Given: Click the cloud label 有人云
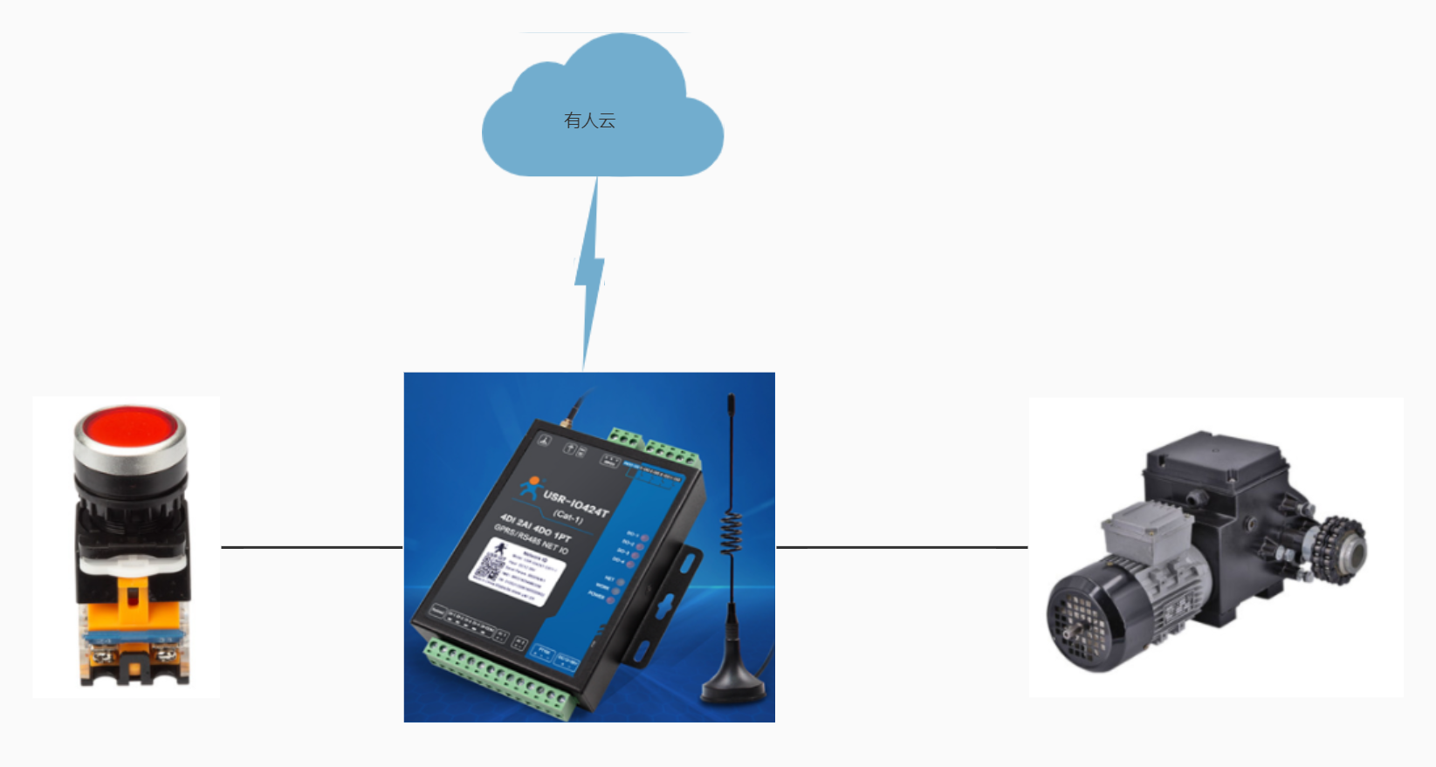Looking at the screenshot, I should tap(590, 120).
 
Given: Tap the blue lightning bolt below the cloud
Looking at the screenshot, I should tap(591, 271).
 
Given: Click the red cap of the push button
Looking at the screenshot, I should tap(130, 428).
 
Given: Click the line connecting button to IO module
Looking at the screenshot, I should tap(312, 547).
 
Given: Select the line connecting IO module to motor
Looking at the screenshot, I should tap(901, 547).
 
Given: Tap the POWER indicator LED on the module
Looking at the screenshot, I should tap(611, 600).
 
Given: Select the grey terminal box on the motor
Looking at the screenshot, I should tap(1144, 530).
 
